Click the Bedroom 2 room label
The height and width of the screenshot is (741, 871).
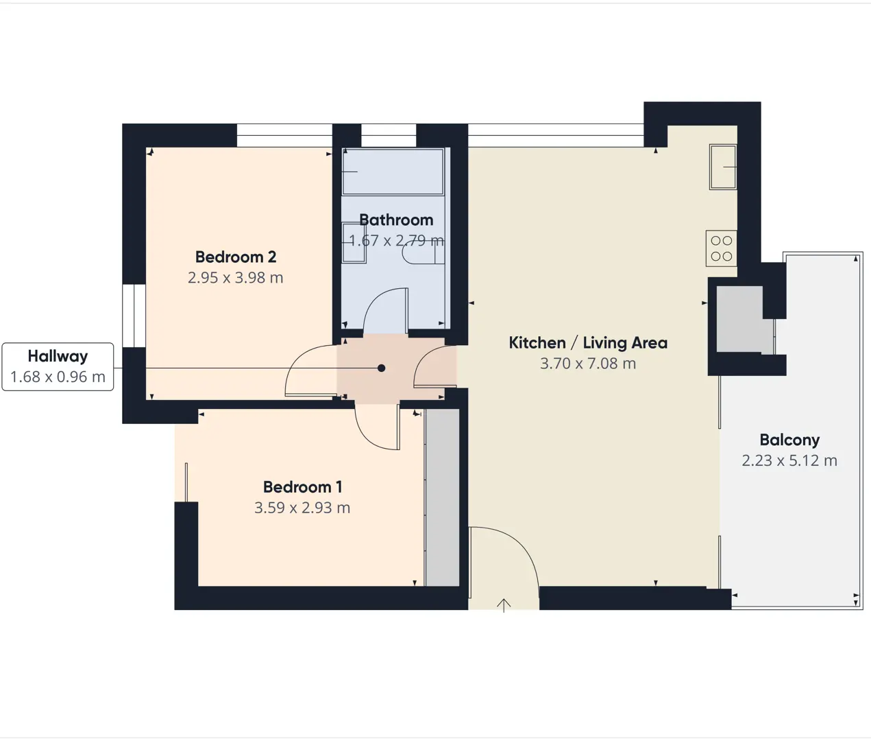(x=236, y=257)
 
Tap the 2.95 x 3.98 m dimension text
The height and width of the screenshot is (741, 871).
(x=236, y=278)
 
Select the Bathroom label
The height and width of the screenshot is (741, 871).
(x=396, y=220)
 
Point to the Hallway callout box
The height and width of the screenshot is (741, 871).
(x=58, y=366)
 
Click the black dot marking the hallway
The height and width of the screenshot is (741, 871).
(x=381, y=368)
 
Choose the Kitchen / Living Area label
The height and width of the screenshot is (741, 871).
(x=588, y=342)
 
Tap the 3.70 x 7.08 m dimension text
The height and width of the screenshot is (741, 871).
(x=588, y=364)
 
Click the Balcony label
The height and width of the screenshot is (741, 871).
(x=789, y=440)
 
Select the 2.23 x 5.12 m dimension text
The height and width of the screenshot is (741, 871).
(x=789, y=460)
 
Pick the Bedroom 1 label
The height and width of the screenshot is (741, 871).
(x=302, y=487)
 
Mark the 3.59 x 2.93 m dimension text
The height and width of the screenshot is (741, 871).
(x=302, y=508)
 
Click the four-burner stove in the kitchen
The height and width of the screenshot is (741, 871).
(x=722, y=248)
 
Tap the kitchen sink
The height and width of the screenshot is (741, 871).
(x=723, y=167)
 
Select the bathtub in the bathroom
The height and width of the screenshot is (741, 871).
(x=393, y=172)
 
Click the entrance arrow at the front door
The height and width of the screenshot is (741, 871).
(x=504, y=605)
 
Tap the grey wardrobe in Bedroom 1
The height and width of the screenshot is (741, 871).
(x=442, y=497)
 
